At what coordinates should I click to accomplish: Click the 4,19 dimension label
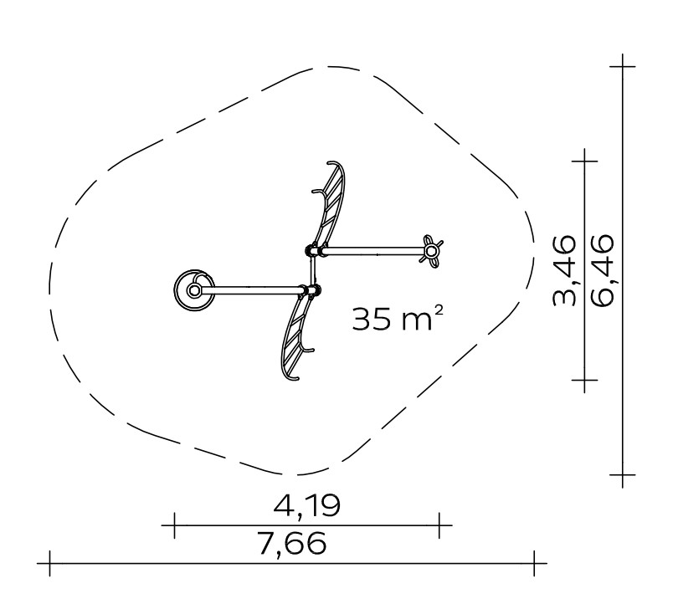[x=307, y=505]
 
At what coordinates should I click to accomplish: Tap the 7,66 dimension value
[x=292, y=543]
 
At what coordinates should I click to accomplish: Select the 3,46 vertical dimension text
[x=564, y=270]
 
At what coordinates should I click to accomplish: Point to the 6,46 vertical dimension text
[x=602, y=270]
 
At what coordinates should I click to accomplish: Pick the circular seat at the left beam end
[x=194, y=290]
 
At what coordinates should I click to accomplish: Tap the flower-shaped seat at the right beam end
[x=431, y=251]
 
